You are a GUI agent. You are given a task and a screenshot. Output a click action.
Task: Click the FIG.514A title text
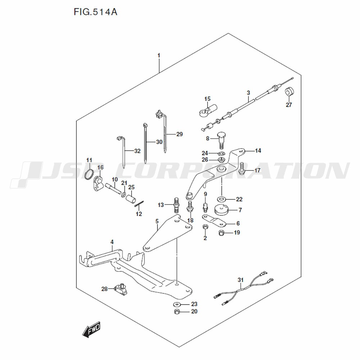(95, 12)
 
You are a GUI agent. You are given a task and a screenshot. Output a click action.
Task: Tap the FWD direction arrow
(91, 329)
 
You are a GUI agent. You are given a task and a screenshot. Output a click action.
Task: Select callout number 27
(289, 105)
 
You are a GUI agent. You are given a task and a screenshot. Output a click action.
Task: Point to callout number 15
(207, 99)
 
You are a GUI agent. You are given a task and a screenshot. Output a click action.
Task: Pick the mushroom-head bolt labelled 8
(221, 140)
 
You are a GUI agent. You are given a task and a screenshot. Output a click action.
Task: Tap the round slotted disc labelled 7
(221, 210)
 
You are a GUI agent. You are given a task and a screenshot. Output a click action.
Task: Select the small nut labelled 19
(221, 233)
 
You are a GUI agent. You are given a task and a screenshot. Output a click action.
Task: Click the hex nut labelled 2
(205, 227)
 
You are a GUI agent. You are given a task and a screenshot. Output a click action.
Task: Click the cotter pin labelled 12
(139, 204)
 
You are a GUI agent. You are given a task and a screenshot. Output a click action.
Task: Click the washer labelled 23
(177, 305)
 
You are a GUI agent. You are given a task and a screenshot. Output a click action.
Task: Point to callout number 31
(240, 280)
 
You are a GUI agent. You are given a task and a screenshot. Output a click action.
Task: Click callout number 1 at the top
(159, 55)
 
